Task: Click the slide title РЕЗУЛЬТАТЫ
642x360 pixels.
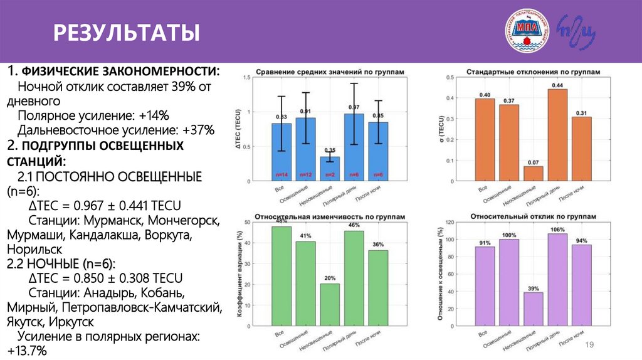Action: pyautogui.click(x=126, y=32)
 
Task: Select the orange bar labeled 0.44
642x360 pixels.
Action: pyautogui.click(x=557, y=135)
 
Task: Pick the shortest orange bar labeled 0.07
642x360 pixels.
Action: pyautogui.click(x=533, y=174)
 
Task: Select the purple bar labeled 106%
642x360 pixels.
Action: pyautogui.click(x=557, y=278)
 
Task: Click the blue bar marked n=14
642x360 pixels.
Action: pyautogui.click(x=282, y=152)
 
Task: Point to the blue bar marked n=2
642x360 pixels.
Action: pyautogui.click(x=330, y=169)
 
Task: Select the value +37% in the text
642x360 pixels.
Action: pyautogui.click(x=199, y=129)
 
